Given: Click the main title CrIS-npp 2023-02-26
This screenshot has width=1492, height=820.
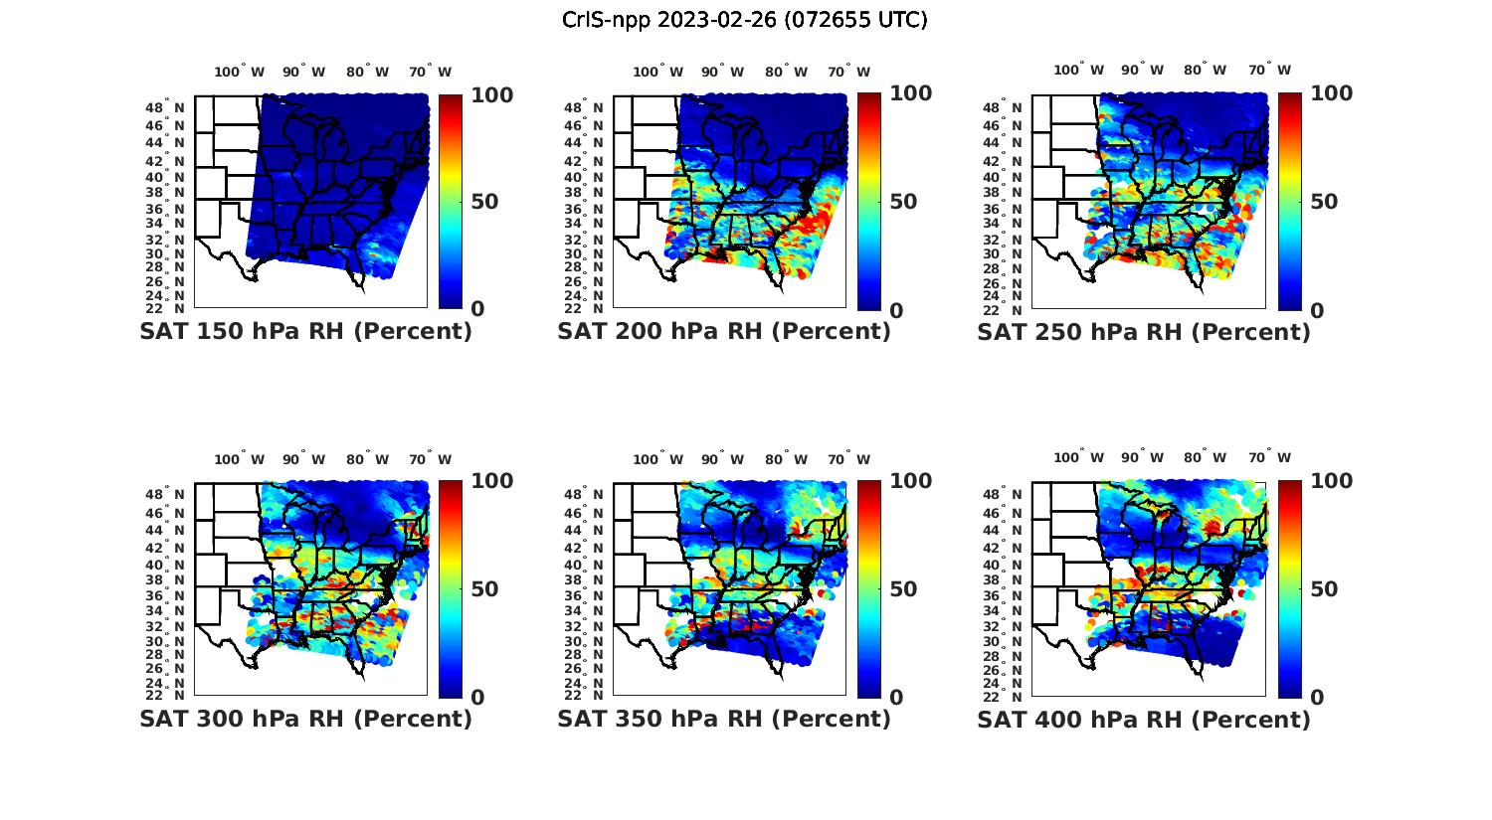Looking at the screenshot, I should coord(744,19).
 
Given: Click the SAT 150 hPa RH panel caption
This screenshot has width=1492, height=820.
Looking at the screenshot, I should coord(305,332).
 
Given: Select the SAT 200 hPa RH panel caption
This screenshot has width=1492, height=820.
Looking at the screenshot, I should coord(724,332).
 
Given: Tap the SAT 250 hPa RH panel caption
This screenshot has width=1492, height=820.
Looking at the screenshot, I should coord(1144,332).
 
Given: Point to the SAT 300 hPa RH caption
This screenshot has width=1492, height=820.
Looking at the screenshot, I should coord(305,719).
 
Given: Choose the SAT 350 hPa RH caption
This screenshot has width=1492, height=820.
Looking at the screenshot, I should coord(724,719).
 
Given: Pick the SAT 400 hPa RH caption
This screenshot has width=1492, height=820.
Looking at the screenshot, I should coord(1144,719).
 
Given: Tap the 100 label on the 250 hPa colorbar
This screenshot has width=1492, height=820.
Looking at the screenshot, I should coord(1331,93).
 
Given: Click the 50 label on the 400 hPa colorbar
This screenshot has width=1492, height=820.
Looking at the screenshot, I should coord(1322,589).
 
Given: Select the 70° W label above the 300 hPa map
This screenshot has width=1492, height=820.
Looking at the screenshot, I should coord(430,459).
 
